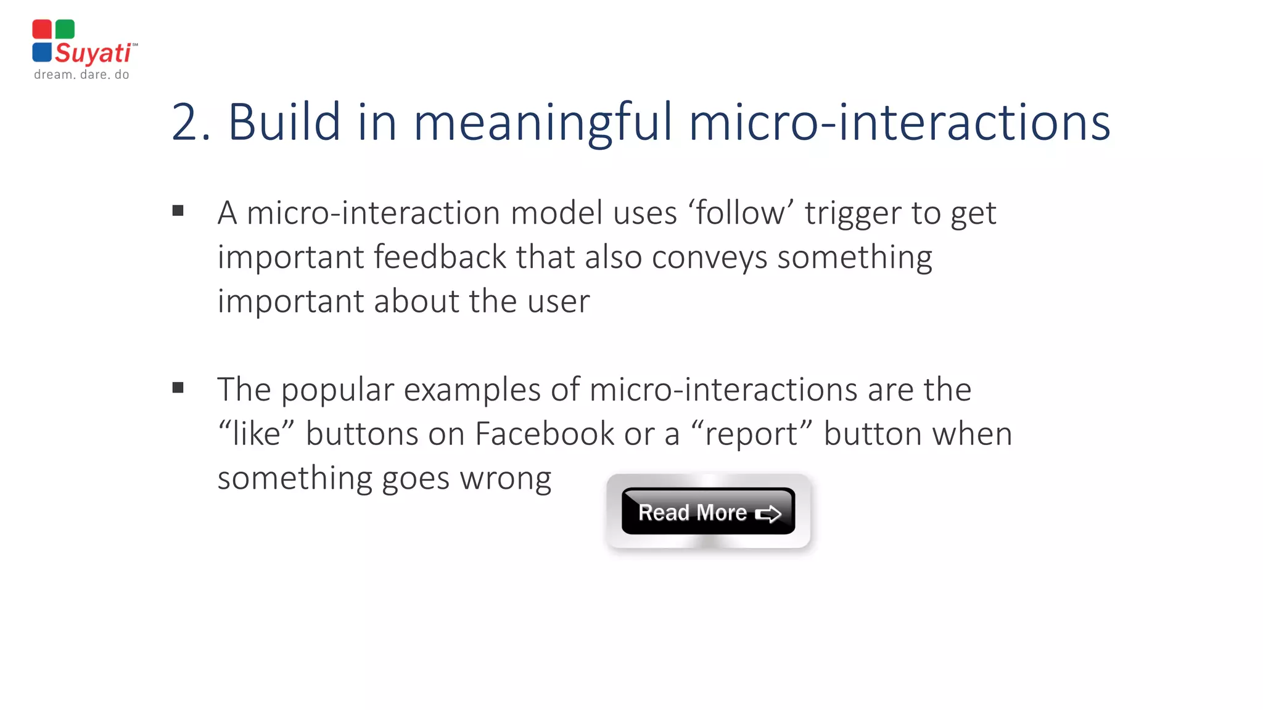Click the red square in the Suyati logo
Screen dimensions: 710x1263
[x=42, y=29]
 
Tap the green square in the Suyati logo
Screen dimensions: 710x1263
[x=65, y=29]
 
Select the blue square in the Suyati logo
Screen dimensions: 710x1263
[x=42, y=52]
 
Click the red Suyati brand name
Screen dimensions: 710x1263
[x=93, y=53]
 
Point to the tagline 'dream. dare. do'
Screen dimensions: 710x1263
[x=81, y=75]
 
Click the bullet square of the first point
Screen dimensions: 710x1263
[x=178, y=211]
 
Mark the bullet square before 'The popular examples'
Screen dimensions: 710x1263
[x=178, y=388]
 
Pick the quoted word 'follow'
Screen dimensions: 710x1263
[x=741, y=213]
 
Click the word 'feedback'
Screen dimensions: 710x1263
[x=440, y=256]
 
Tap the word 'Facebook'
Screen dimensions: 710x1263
[x=545, y=433]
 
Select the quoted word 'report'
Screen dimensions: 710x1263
[x=752, y=435]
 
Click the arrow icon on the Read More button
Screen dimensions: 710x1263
[x=768, y=513]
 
